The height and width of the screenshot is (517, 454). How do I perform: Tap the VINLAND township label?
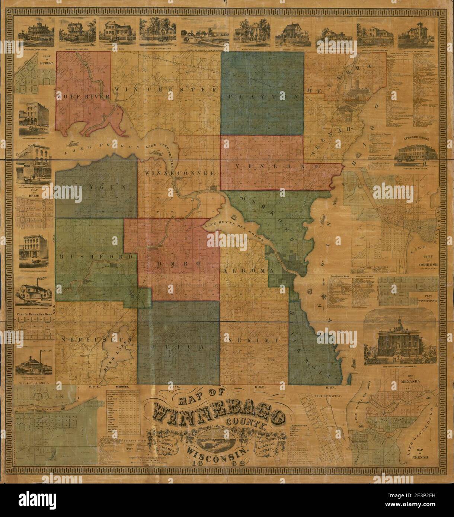tap(277, 166)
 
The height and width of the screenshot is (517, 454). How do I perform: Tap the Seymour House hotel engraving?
tap(417, 152)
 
